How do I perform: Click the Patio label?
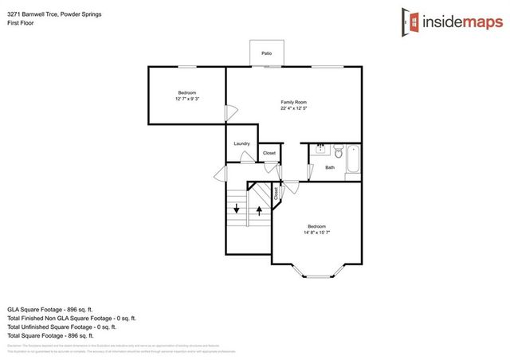click(x=267, y=53)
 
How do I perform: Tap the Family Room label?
click(x=293, y=102)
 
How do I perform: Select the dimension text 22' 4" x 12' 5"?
click(x=293, y=109)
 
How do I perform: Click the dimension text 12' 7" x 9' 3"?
click(x=187, y=99)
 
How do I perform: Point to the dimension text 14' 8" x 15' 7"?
click(x=316, y=233)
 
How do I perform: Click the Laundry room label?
click(x=242, y=143)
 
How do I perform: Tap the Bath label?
click(x=330, y=167)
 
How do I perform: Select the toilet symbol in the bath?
click(x=338, y=151)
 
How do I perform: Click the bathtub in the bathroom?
click(x=355, y=158)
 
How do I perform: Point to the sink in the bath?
click(x=320, y=149)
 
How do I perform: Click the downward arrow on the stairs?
click(x=236, y=209)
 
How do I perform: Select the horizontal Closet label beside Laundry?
click(x=269, y=152)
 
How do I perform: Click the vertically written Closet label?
click(x=277, y=192)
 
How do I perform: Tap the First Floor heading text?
click(x=21, y=24)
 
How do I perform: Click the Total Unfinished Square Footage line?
click(x=61, y=327)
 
